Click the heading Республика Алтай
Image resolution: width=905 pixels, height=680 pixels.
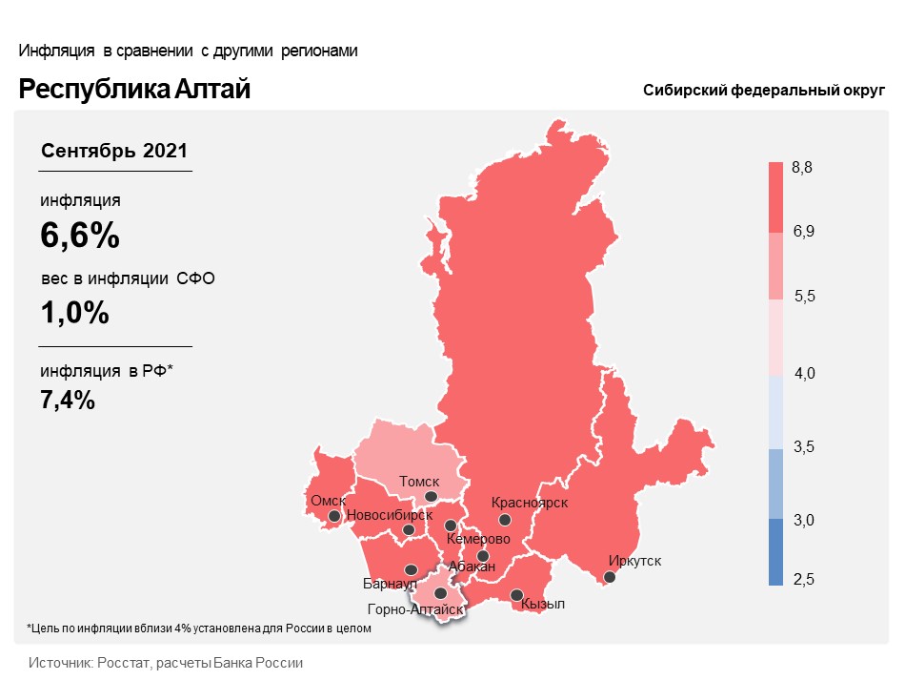tap(134, 90)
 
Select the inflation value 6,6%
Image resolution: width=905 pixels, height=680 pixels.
tap(80, 236)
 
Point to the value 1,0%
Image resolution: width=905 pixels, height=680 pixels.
tap(74, 312)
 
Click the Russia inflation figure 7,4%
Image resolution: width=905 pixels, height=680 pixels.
tap(68, 400)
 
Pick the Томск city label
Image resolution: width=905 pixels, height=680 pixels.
tap(419, 483)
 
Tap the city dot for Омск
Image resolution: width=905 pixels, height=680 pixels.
tap(334, 517)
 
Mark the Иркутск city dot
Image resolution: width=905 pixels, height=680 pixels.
tap(610, 576)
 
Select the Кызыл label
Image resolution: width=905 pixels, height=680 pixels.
tap(544, 605)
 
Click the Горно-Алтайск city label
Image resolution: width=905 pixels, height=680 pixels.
tap(413, 609)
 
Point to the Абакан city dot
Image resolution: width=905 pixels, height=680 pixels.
tap(483, 556)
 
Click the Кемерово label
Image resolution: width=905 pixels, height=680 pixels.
tap(478, 539)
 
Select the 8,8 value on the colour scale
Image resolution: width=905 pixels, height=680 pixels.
tap(802, 168)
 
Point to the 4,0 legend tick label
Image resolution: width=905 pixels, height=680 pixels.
tap(804, 373)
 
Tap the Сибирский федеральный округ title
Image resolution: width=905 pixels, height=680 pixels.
tap(764, 90)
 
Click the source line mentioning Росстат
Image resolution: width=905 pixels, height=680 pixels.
tap(166, 662)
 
